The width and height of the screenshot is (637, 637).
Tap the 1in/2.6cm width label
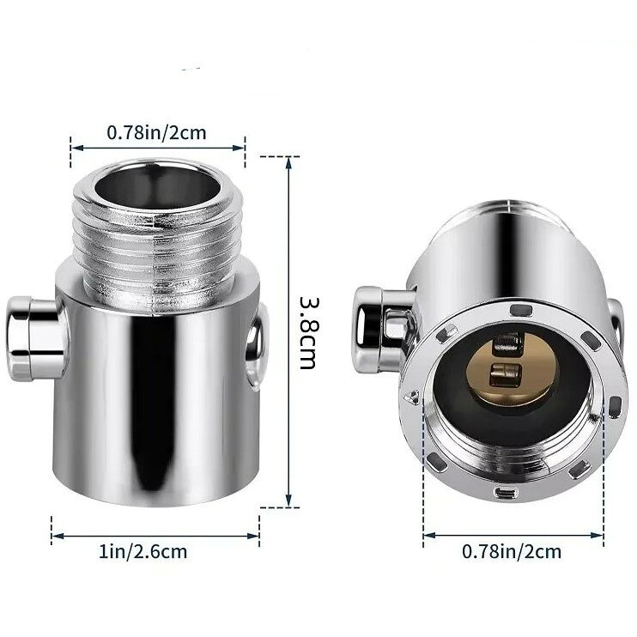[x=143, y=552]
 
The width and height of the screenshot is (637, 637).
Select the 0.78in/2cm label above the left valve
[x=156, y=132]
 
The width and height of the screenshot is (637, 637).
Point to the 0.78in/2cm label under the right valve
[x=512, y=551]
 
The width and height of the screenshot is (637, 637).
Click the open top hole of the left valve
[x=158, y=186]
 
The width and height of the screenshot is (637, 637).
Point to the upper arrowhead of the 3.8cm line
[x=288, y=161]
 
